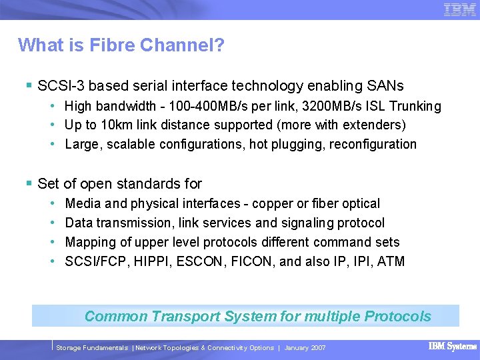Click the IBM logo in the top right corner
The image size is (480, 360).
pyautogui.click(x=460, y=10)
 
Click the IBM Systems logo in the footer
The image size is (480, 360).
pyautogui.click(x=453, y=347)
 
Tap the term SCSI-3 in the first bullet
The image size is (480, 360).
pyautogui.click(x=61, y=86)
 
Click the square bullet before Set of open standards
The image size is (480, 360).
pyautogui.click(x=29, y=183)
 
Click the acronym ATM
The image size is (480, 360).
pyautogui.click(x=391, y=261)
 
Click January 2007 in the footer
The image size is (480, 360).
pyautogui.click(x=305, y=348)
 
